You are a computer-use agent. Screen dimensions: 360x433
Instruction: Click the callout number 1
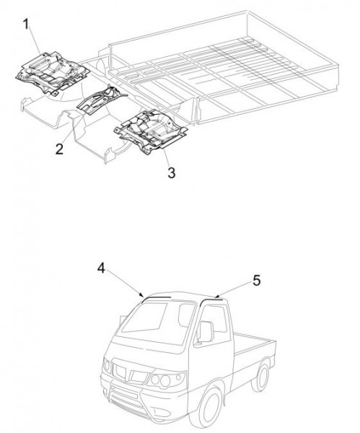(x=26, y=24)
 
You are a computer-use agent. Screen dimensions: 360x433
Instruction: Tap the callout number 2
(x=59, y=149)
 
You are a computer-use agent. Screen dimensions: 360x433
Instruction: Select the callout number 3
(x=172, y=173)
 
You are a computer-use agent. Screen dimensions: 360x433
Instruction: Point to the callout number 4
(x=102, y=268)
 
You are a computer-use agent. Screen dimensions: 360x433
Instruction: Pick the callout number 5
(x=256, y=281)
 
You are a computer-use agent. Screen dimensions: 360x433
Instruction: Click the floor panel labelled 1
(x=53, y=72)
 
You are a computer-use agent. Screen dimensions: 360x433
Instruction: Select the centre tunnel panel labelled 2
(x=101, y=99)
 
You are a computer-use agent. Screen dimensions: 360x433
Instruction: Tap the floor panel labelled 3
(x=151, y=131)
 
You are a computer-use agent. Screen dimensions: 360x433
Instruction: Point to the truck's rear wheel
(x=261, y=377)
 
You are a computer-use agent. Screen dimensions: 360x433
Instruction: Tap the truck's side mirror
(x=206, y=331)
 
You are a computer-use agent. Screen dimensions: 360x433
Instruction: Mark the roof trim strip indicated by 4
(x=156, y=298)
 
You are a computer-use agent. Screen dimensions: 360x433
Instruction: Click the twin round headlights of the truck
(x=161, y=380)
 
